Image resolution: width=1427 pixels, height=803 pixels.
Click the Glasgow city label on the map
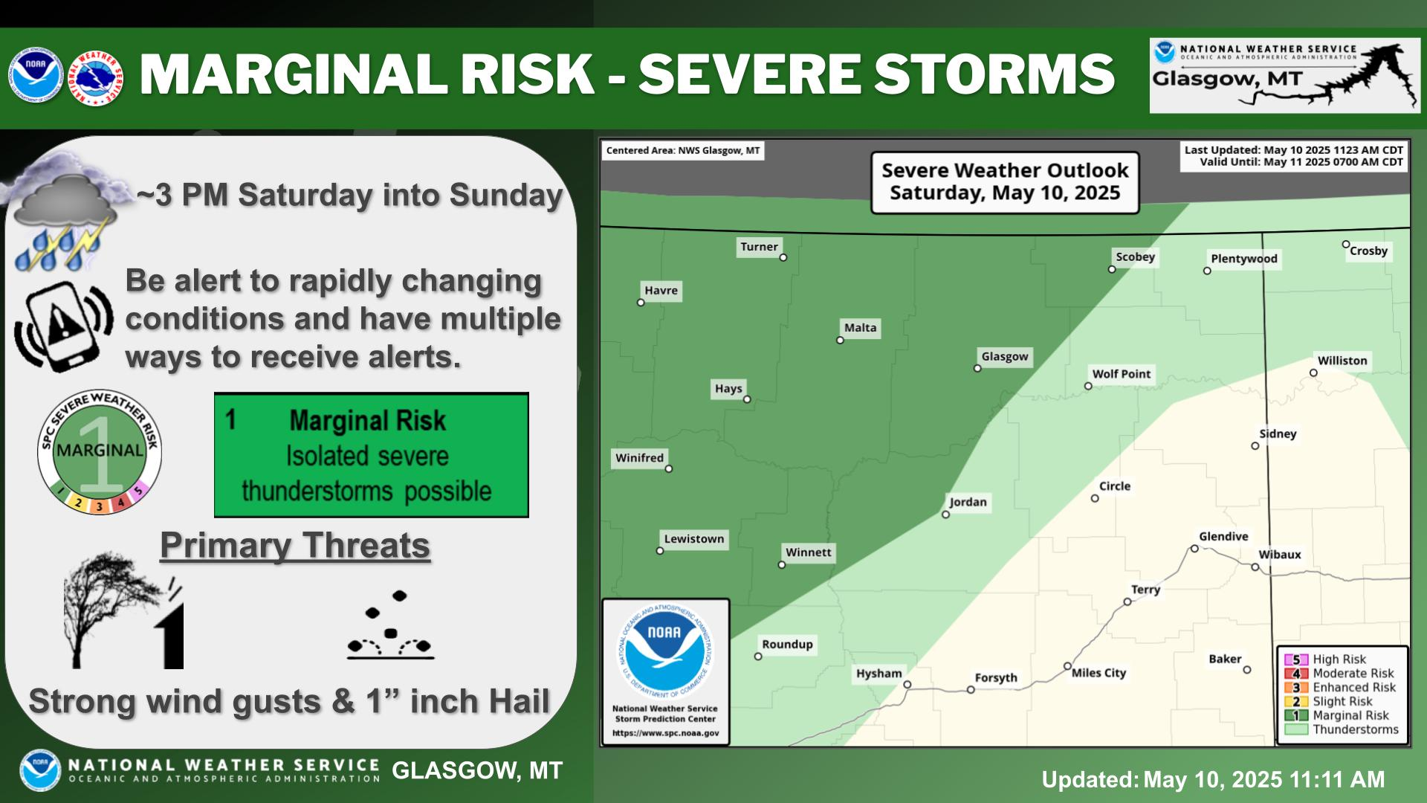tap(1005, 356)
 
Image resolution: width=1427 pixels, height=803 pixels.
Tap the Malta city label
tap(860, 328)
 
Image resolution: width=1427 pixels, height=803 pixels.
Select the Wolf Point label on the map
tap(1121, 374)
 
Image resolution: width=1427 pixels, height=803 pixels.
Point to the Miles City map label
tap(1098, 673)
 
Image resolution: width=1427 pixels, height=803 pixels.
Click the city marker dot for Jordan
tap(946, 515)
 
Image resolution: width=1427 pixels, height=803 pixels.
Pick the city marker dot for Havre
tap(641, 303)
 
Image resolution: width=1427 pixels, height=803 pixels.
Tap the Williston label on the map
tap(1342, 361)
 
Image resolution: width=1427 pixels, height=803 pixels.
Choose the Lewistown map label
tap(694, 539)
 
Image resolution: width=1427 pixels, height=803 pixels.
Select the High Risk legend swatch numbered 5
tap(1296, 660)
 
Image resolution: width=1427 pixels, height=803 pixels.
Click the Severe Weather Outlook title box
tap(1005, 182)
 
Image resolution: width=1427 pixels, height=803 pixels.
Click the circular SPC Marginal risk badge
tap(100, 452)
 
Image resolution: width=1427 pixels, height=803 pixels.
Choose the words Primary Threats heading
tap(295, 545)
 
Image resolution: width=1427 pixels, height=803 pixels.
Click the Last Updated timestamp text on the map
tap(1294, 150)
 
